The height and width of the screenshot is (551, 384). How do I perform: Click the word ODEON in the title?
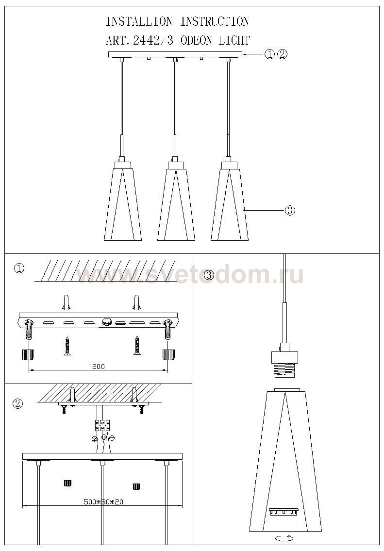click(x=197, y=41)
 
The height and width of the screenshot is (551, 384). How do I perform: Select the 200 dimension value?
click(x=99, y=366)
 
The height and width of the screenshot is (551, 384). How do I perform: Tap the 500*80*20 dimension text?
click(x=103, y=501)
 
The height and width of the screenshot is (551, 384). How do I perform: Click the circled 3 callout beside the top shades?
click(x=290, y=211)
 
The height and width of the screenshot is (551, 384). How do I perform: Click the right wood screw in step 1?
click(x=136, y=346)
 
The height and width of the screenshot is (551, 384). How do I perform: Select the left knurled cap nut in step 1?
click(x=28, y=354)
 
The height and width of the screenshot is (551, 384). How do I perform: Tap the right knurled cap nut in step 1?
click(x=168, y=354)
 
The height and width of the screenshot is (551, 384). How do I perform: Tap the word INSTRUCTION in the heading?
click(x=215, y=21)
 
